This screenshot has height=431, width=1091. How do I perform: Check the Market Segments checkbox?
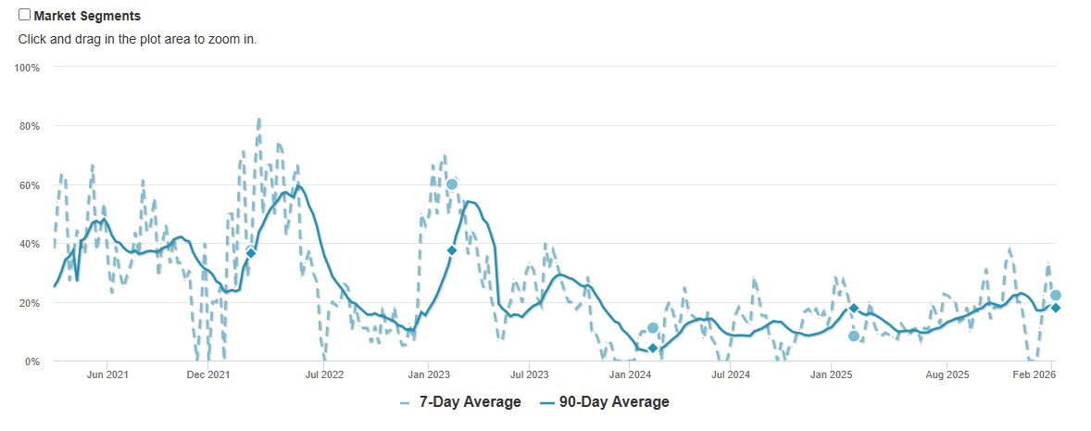(25, 15)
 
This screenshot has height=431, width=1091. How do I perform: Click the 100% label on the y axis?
(27, 68)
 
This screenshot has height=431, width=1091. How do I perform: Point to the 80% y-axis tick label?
(30, 126)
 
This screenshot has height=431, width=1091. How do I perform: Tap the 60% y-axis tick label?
(30, 185)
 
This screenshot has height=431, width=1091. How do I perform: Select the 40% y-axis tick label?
(30, 244)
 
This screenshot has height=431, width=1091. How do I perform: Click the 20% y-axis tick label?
(30, 303)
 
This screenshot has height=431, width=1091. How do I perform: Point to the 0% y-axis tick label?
(32, 361)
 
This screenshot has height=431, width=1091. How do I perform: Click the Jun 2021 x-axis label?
(107, 374)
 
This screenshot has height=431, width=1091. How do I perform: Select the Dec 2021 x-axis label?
(207, 374)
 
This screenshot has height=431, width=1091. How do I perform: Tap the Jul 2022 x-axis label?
(324, 374)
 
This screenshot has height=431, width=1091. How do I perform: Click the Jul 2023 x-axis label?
(529, 374)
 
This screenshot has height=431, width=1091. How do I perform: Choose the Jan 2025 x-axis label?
(832, 374)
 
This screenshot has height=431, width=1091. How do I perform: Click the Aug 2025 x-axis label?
(947, 374)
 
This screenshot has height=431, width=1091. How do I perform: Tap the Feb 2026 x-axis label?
(1034, 374)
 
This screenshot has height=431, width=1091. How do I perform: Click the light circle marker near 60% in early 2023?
(452, 184)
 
